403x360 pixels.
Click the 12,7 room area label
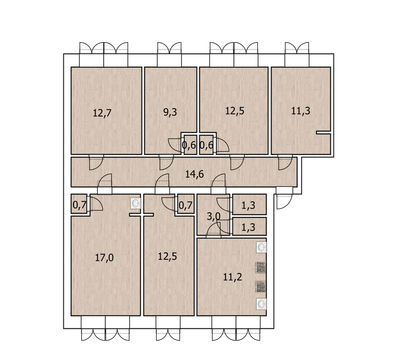102,113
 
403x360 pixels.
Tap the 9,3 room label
170,112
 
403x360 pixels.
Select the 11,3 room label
300,111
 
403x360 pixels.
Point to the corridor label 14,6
194,174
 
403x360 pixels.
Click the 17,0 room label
104,257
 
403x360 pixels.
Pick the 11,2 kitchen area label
232,277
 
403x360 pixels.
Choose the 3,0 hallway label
213,216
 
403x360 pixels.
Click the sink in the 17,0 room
136,204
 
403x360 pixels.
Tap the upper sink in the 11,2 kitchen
261,247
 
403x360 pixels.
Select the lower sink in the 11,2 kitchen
261,304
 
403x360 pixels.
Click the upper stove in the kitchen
260,267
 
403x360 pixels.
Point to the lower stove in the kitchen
260,286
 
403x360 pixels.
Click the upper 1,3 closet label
248,205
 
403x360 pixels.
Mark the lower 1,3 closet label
248,227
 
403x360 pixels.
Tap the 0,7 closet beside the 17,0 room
80,205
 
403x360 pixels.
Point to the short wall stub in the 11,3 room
323,132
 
